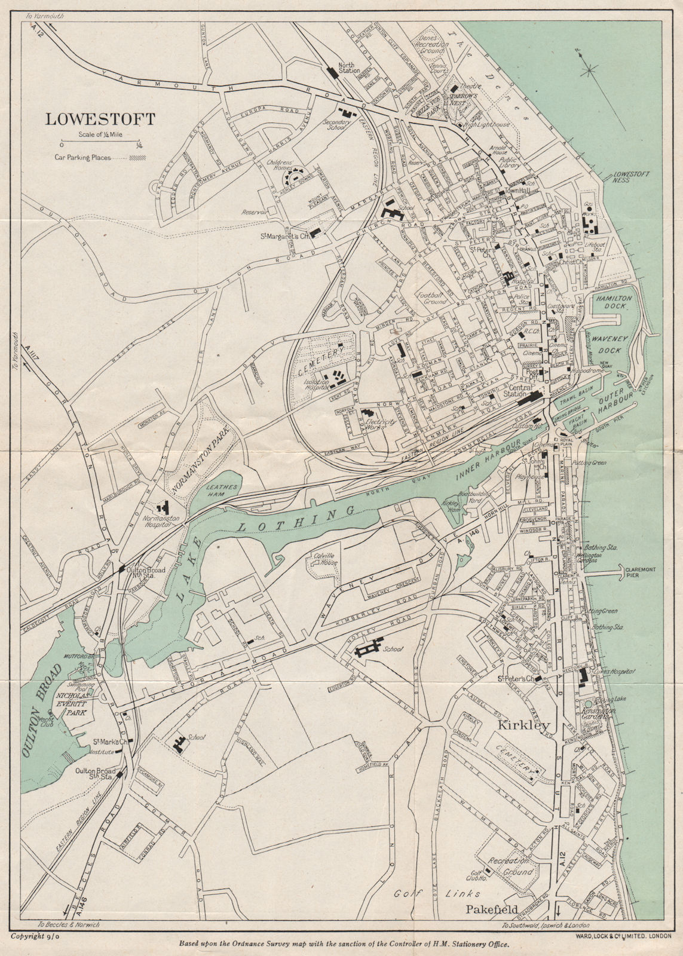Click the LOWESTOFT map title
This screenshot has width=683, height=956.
coord(100,119)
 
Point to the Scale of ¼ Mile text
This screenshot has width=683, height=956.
coord(100,135)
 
